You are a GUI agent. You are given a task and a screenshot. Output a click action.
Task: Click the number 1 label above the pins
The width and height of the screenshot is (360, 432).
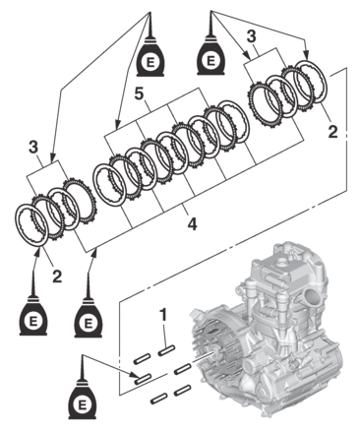pyautogui.click(x=162, y=315)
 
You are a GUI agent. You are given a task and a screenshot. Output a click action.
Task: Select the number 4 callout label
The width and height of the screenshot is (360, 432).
pyautogui.click(x=193, y=223)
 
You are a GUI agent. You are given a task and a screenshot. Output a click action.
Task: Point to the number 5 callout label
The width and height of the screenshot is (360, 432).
pyautogui.click(x=139, y=93)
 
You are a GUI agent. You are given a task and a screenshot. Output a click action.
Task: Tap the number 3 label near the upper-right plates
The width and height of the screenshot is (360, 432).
pyautogui.click(x=251, y=36)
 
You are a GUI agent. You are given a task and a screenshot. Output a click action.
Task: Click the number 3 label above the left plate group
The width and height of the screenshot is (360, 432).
pyautogui.click(x=33, y=148)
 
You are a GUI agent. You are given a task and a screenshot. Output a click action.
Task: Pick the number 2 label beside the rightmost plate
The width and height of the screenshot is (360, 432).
pyautogui.click(x=332, y=132)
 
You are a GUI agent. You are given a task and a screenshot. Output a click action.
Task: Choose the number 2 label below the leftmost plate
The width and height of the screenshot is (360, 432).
pyautogui.click(x=57, y=277)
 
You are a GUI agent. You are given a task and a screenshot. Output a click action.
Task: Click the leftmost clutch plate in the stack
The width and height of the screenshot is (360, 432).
pyautogui.click(x=32, y=224)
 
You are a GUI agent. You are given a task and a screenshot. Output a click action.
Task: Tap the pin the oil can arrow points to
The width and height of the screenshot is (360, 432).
pyautogui.click(x=142, y=379)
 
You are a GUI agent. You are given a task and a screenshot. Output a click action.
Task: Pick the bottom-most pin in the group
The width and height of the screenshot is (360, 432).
pyautogui.click(x=158, y=399)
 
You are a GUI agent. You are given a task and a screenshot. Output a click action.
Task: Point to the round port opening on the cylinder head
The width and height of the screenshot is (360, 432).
pyautogui.click(x=311, y=298)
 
